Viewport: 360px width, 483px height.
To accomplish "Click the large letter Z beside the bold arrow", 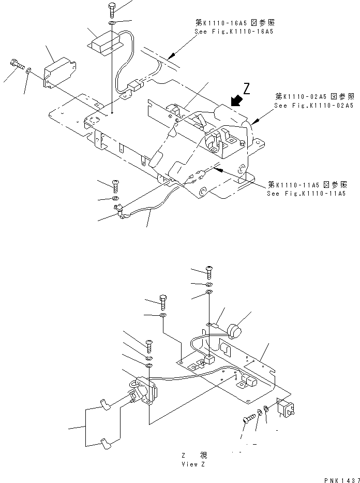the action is (246, 89).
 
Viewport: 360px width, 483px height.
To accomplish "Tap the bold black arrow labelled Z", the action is (236, 100).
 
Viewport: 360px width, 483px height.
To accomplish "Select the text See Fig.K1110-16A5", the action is (234, 32).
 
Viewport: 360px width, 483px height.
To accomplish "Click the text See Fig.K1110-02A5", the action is (314, 105).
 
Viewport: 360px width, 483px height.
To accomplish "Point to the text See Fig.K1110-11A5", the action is (306, 194).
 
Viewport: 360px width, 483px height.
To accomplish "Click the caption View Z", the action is (193, 464).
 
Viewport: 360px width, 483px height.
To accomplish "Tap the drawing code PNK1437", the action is (342, 480).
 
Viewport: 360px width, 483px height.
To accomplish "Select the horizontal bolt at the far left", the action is (18, 64).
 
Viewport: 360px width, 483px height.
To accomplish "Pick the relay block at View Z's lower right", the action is (285, 407).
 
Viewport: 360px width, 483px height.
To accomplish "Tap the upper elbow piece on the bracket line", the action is (104, 404).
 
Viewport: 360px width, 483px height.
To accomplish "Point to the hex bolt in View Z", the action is (163, 302).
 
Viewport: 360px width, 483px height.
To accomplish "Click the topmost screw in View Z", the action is (209, 272).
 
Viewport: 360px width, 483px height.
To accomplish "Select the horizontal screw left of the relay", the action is (249, 418).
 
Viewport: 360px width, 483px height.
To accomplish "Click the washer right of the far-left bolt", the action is (28, 71).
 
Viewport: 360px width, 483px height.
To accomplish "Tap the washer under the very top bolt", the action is (112, 23).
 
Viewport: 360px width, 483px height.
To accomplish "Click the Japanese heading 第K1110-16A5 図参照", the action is (235, 22).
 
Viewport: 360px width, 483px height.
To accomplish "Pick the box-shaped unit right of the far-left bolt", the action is (60, 72).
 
